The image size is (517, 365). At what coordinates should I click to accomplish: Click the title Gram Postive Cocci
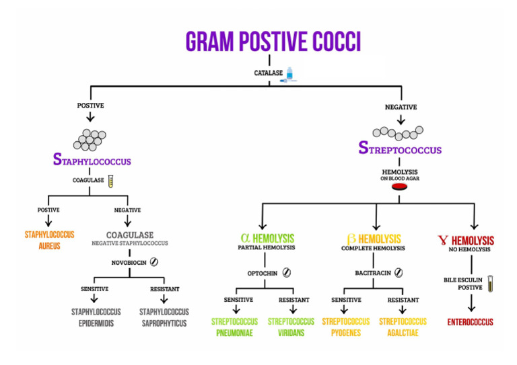click(273, 41)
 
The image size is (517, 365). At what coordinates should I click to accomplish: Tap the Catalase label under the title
click(267, 72)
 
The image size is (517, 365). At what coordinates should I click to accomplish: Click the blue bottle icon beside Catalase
click(289, 74)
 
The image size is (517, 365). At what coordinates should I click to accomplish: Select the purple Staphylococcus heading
click(92, 161)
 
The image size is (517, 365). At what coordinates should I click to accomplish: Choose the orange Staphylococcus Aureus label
click(49, 240)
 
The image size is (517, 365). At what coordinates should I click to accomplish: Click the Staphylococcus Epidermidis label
click(96, 317)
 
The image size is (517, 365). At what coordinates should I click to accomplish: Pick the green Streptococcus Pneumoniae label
click(235, 327)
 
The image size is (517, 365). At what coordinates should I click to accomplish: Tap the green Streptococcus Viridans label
click(291, 327)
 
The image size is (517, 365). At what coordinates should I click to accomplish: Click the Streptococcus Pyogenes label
click(345, 327)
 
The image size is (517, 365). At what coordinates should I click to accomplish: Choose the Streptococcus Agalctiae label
click(403, 327)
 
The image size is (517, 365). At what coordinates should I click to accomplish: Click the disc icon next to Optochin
click(287, 273)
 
